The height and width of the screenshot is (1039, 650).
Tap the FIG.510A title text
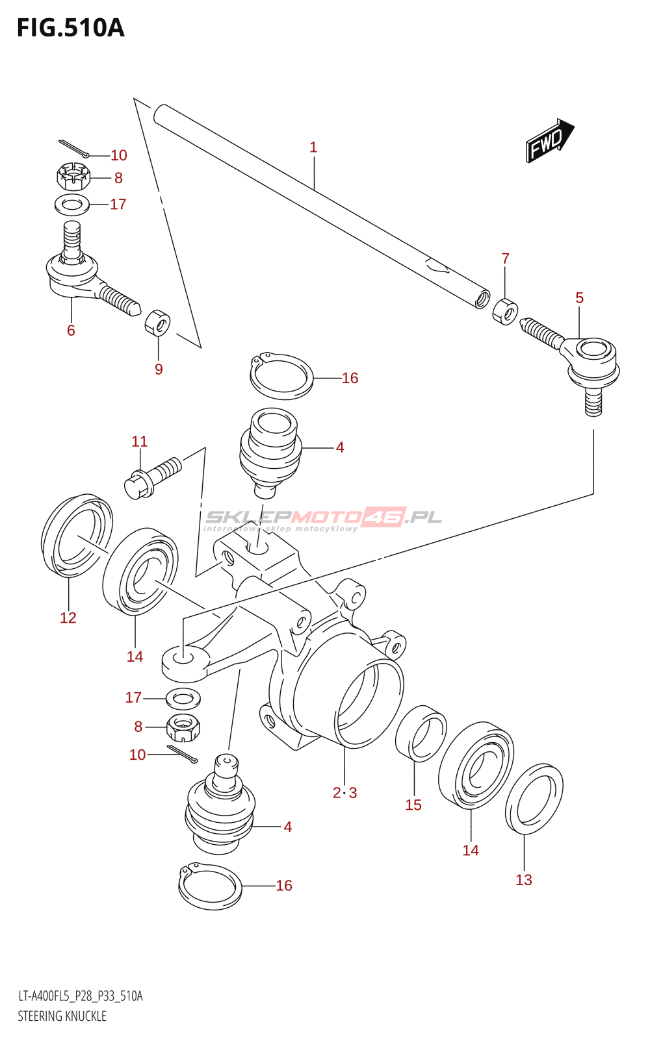[x=71, y=28]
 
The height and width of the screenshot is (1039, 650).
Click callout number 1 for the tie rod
[x=313, y=147]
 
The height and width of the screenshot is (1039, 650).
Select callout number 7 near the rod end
[x=505, y=258]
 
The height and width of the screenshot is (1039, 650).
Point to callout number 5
[x=579, y=298]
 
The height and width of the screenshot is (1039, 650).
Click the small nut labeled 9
[x=157, y=322]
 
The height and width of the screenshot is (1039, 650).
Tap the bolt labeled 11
[x=152, y=477]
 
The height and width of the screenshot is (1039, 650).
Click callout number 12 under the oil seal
[x=68, y=618]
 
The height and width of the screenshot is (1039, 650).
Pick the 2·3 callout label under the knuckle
[x=344, y=793]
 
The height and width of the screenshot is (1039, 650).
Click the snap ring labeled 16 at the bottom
[x=210, y=886]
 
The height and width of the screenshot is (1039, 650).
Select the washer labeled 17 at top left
[x=72, y=205]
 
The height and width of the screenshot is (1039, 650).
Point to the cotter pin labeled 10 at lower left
[x=182, y=753]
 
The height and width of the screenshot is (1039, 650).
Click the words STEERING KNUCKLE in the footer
[x=62, y=1016]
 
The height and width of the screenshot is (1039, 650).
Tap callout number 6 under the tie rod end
[x=71, y=331]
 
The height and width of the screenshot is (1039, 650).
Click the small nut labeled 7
[x=505, y=312]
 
